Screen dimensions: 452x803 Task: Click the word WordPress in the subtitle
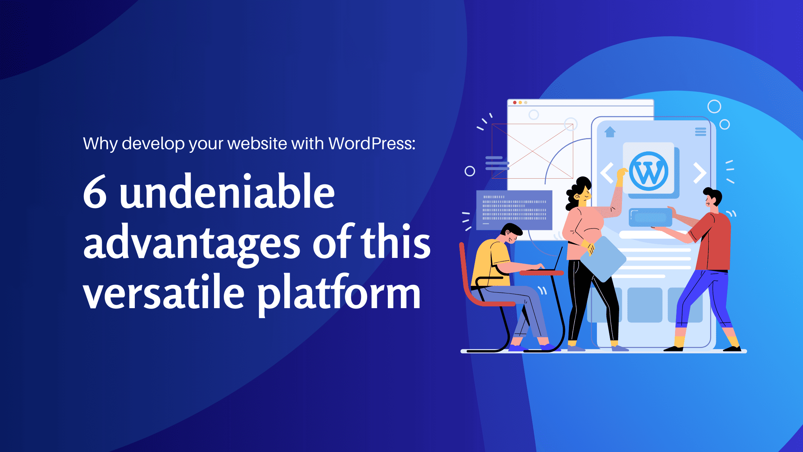[371, 143]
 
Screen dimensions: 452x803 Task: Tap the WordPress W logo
[648, 171]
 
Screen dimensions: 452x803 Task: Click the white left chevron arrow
[607, 173]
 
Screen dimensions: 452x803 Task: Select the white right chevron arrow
[699, 173]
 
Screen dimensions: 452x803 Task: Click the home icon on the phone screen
[610, 132]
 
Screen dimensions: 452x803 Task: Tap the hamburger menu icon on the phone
[700, 132]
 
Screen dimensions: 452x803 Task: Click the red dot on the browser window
[515, 103]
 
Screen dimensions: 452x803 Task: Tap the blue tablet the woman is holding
[603, 258]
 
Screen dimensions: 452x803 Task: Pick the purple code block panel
[514, 210]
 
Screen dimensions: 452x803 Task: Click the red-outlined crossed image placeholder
[532, 151]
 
